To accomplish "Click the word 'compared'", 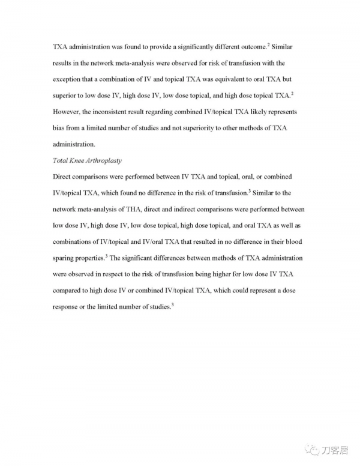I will [x=70, y=290].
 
